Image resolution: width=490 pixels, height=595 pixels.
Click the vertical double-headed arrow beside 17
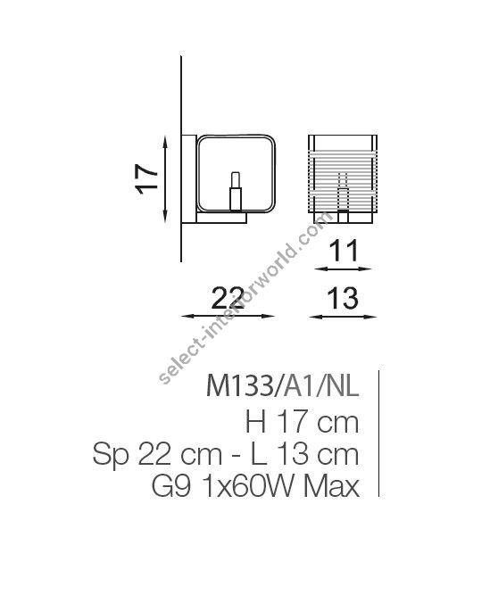pyautogui.click(x=167, y=177)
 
